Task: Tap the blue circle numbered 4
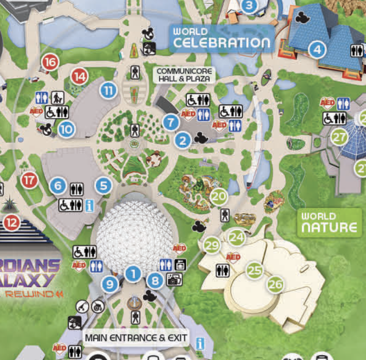pos(317,50)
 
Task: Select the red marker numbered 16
pos(50,62)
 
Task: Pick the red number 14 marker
pos(79,77)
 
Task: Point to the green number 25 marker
pos(254,270)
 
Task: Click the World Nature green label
pos(329,223)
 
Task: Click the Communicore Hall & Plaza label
pos(185,75)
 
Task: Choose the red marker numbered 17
pos(29,180)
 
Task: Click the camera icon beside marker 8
pos(174,279)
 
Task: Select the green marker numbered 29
pos(212,246)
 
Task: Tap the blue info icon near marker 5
pos(89,205)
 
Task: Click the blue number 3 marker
pos(250,5)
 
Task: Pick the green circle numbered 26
pos(275,285)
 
